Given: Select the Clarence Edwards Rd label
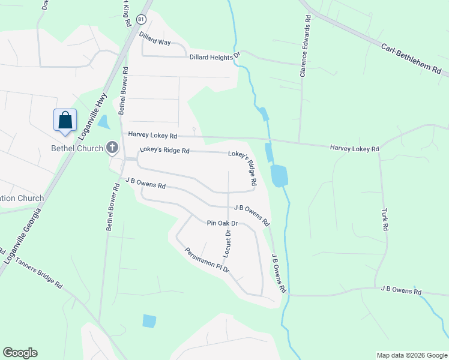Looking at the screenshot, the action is tap(306, 50).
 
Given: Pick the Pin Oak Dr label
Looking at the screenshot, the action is tap(222, 223).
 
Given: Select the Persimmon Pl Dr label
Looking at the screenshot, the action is tap(207, 261).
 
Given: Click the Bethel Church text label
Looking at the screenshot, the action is tap(77, 148).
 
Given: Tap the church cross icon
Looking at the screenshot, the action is tap(112, 147).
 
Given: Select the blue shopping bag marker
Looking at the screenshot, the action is tap(65, 119).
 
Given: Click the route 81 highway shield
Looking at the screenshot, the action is tap(140, 20).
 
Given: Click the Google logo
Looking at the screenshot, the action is tap(20, 353).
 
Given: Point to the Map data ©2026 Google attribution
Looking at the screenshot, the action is tap(412, 355).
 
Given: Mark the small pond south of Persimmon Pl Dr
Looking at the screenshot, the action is tap(149, 321).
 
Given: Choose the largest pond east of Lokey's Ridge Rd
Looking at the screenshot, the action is tap(279, 176).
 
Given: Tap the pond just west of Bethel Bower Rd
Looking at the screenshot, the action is tap(103, 122).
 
